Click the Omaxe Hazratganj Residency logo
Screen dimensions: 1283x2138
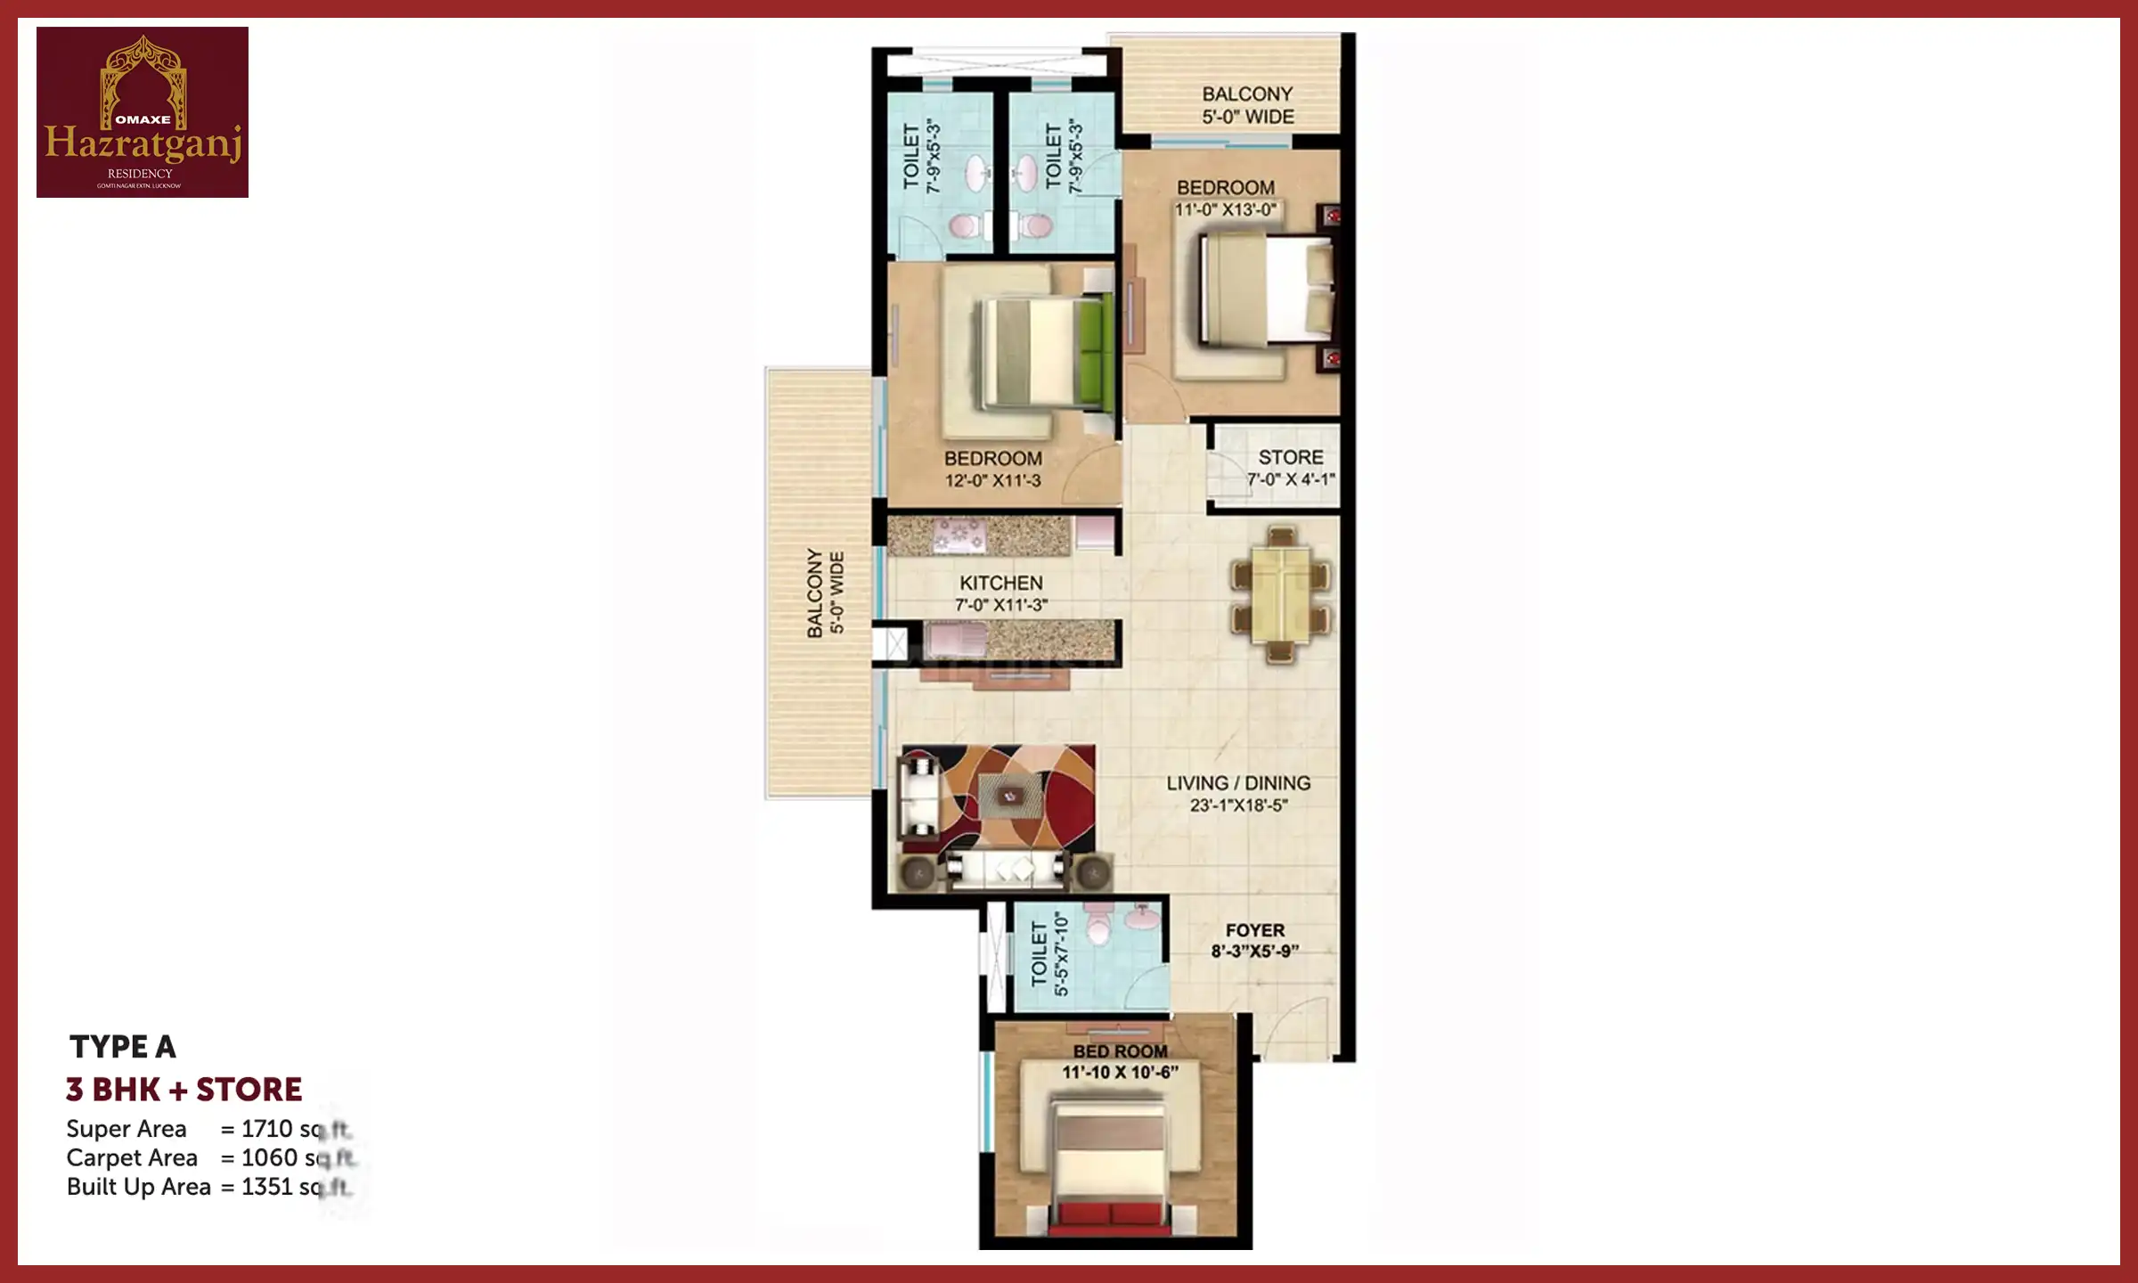click(x=143, y=112)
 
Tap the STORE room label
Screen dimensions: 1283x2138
click(x=1290, y=457)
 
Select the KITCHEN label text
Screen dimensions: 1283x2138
click(x=1000, y=583)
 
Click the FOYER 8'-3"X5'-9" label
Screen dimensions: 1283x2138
click(x=1254, y=940)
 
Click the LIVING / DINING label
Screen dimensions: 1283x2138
click(x=1238, y=783)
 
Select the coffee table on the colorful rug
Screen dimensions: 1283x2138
click(x=1009, y=796)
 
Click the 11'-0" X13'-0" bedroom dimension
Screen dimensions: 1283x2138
click(x=1225, y=210)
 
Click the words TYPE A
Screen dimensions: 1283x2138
click(x=122, y=1046)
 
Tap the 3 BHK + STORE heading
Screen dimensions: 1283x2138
click(x=184, y=1089)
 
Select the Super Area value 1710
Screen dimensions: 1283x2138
click(x=266, y=1129)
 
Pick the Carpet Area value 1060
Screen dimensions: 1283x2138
click(x=269, y=1157)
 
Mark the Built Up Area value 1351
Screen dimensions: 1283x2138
click(x=266, y=1187)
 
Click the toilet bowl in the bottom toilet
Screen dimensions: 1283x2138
click(x=1099, y=928)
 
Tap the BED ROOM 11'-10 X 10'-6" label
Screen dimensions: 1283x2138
click(x=1120, y=1061)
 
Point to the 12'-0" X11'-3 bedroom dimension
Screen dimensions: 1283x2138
click(x=992, y=481)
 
